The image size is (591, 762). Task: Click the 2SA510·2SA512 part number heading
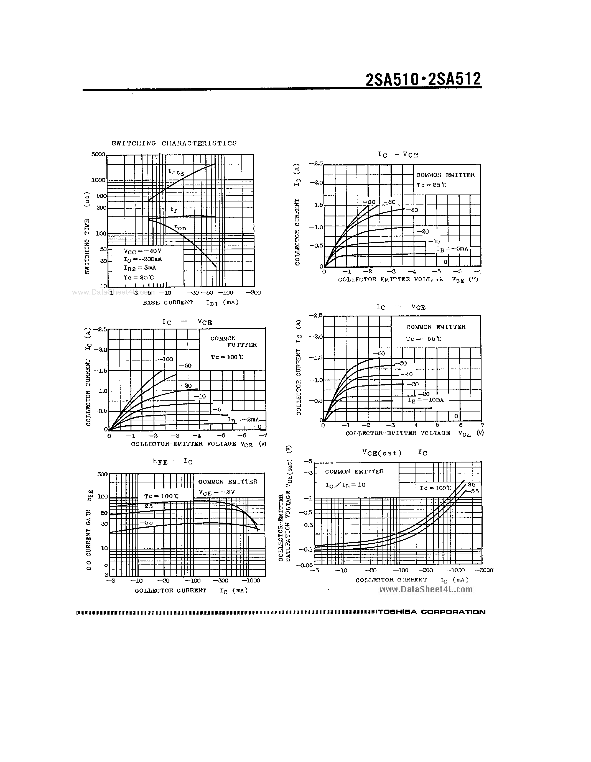423,79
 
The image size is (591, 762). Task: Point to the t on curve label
180,227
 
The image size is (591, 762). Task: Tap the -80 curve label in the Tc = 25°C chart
369,202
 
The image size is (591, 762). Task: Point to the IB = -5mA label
452,249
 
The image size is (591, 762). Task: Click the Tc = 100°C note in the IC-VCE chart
227,357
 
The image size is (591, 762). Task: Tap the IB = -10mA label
426,400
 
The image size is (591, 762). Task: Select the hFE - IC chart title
172,461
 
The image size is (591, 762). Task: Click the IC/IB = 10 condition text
345,485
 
